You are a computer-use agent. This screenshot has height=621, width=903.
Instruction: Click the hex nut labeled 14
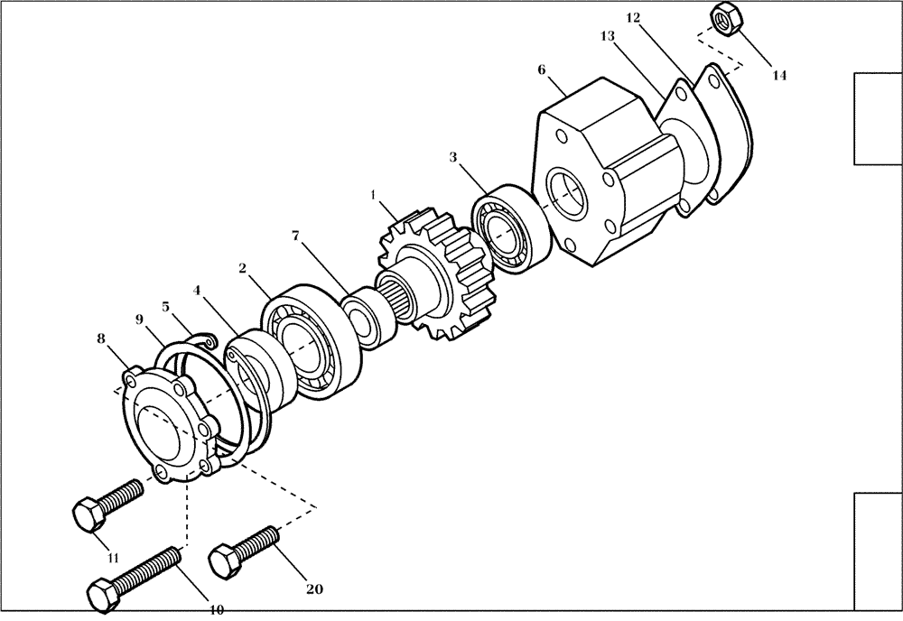pos(726,18)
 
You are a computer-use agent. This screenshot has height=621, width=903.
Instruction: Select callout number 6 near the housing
pos(541,70)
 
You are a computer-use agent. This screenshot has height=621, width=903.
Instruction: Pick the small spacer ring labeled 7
pos(367,319)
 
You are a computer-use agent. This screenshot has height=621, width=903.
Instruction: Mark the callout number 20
pos(313,589)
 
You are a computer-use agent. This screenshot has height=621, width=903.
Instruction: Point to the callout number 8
pos(101,338)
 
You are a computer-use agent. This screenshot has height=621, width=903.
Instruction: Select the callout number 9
pos(139,319)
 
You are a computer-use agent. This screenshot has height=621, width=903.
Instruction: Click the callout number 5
pos(165,306)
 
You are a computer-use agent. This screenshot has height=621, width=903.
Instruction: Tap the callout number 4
pos(196,291)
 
